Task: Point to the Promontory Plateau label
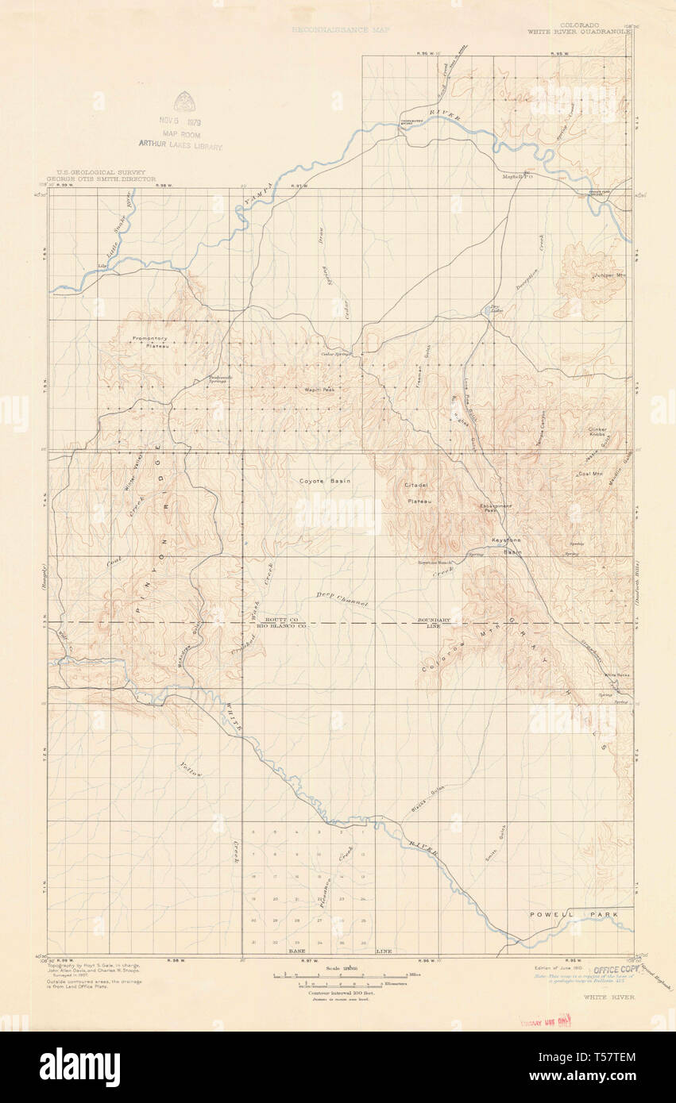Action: point(150,342)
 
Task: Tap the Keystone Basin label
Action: point(506,545)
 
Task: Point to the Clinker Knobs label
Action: point(597,432)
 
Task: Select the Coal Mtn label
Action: point(589,474)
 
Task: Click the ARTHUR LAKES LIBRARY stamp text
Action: point(180,145)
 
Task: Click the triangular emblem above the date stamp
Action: point(184,101)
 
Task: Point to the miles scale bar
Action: point(340,974)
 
